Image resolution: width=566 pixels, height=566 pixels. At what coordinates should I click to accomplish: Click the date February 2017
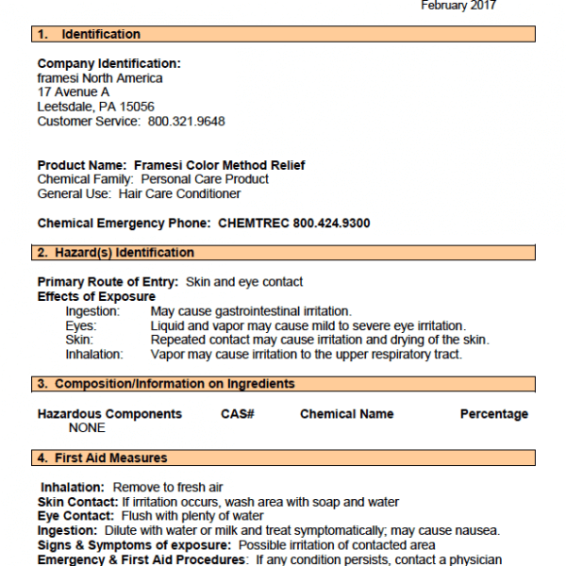(x=458, y=6)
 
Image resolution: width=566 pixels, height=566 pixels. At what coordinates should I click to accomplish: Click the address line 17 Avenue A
(x=74, y=92)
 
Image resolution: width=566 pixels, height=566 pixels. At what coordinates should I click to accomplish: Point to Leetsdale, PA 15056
(x=96, y=107)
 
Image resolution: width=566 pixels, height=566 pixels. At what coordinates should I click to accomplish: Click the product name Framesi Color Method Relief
(x=219, y=165)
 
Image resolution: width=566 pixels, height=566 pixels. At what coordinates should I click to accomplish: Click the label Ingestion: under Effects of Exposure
(x=92, y=311)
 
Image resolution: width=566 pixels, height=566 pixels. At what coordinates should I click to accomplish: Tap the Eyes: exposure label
(x=80, y=325)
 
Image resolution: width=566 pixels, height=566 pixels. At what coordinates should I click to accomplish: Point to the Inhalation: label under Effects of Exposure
(x=94, y=355)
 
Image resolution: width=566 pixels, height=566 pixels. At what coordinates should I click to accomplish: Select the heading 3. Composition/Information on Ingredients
(x=166, y=384)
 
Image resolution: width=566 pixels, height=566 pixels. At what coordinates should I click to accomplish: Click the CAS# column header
(x=239, y=414)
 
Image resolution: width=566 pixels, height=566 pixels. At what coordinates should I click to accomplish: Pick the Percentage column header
(x=494, y=414)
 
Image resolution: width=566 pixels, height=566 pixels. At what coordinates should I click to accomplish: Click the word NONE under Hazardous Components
(x=87, y=427)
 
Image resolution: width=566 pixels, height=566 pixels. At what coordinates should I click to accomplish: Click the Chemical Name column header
(x=347, y=414)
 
